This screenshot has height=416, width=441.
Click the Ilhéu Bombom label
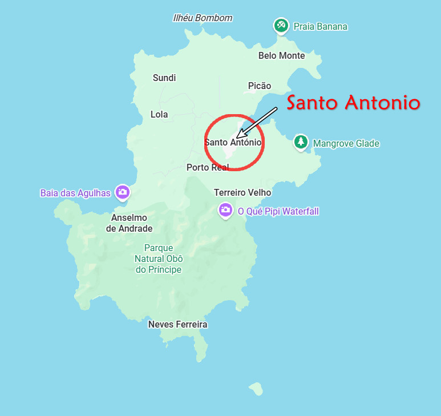tap(203, 18)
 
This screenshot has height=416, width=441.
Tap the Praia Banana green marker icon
tap(281, 26)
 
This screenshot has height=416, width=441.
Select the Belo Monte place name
tap(281, 56)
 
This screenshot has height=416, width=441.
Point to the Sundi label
tap(164, 78)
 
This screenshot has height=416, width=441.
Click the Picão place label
tap(260, 86)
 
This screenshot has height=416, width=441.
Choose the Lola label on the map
tap(159, 115)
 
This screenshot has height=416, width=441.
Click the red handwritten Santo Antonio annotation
tap(353, 103)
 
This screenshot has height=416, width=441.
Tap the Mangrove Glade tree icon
tap(301, 142)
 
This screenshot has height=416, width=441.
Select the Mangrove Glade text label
tap(346, 144)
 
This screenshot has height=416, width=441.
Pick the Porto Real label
tap(208, 168)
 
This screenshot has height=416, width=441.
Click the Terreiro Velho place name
tap(242, 193)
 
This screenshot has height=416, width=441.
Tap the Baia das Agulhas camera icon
tap(122, 192)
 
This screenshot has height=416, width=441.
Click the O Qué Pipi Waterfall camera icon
tap(225, 210)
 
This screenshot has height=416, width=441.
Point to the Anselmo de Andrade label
tap(130, 223)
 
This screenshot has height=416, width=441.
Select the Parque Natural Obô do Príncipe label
tap(159, 259)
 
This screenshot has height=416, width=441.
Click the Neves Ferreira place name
tap(177, 325)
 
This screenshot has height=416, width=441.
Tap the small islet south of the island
tap(256, 389)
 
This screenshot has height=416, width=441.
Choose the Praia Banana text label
tap(320, 26)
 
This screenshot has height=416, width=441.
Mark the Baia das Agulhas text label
tap(75, 193)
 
